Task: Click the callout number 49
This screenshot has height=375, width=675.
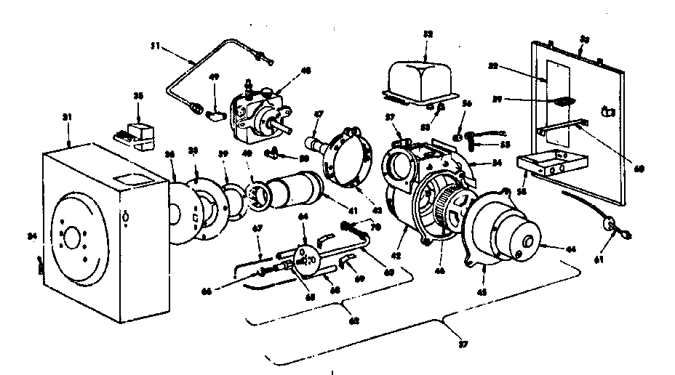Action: click(x=214, y=76)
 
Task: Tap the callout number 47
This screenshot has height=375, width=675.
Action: click(x=318, y=115)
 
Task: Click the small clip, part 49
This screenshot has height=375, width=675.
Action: click(x=216, y=113)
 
